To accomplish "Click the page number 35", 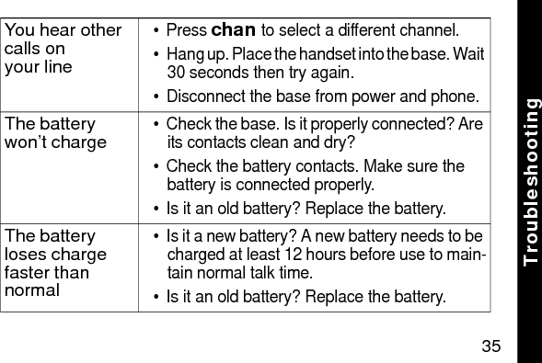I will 491,346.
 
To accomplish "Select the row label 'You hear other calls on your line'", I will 63,48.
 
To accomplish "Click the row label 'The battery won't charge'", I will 55,133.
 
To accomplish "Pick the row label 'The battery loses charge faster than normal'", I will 56,263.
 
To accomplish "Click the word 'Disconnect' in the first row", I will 202,96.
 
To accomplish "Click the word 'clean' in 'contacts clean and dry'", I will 250,142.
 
